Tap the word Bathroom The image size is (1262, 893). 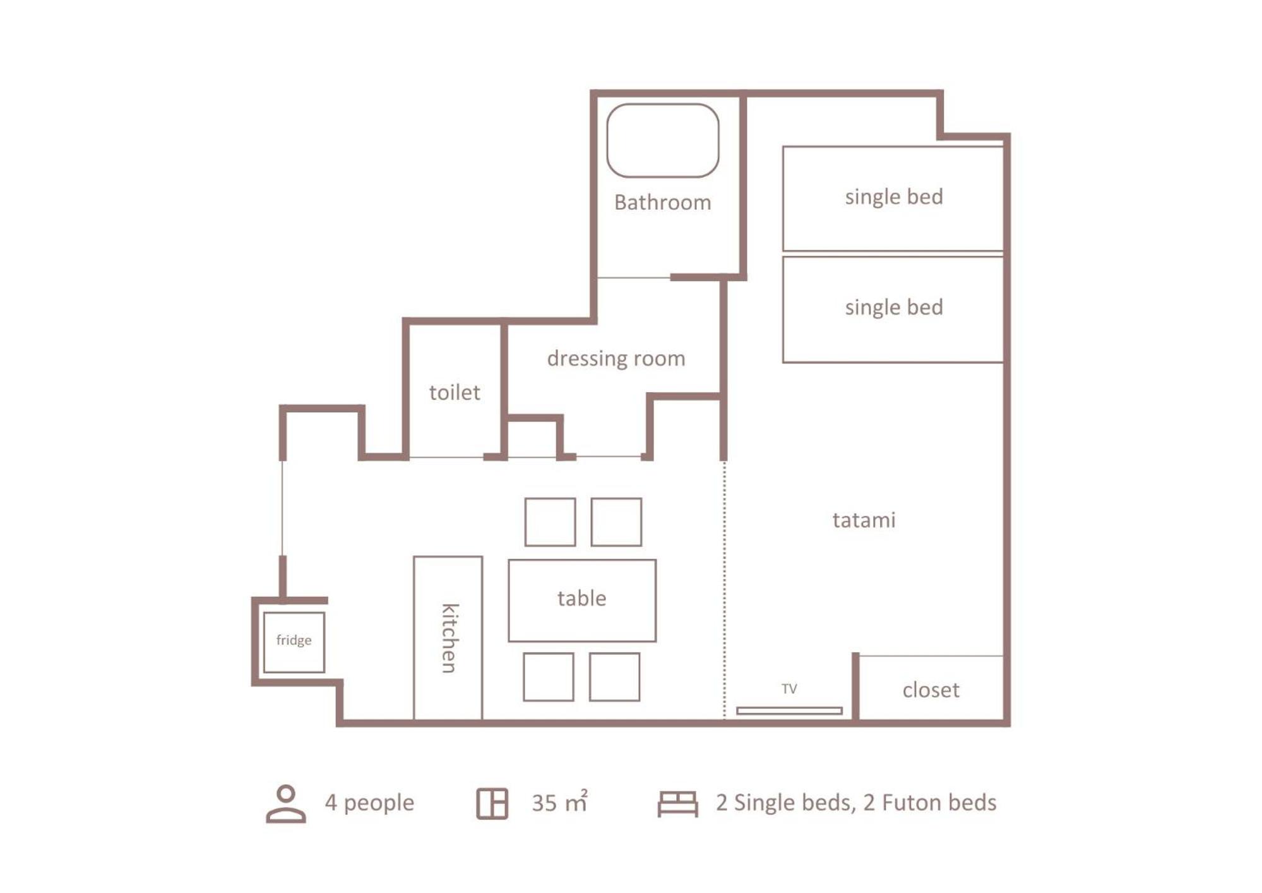(x=662, y=202)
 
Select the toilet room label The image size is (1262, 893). (x=455, y=392)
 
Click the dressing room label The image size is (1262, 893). (x=616, y=359)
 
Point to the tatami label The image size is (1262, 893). (x=864, y=520)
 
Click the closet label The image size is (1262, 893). (x=931, y=690)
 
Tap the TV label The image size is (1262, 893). (x=789, y=688)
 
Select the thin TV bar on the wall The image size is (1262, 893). (x=789, y=710)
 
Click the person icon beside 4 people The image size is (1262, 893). (x=286, y=803)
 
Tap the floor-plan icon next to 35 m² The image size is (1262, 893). (x=492, y=803)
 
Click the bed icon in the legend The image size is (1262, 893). (x=677, y=803)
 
